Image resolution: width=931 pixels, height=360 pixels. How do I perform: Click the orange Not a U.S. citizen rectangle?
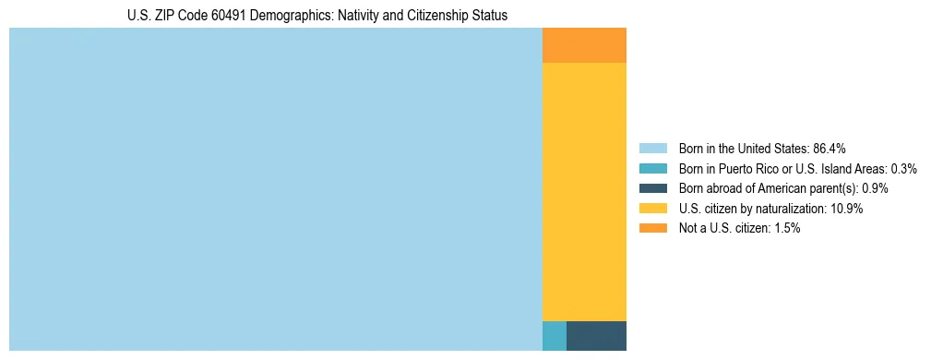point(584,45)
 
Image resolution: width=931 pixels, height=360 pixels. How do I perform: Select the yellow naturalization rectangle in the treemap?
point(584,191)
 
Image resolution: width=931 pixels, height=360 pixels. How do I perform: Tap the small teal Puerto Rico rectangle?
point(554,336)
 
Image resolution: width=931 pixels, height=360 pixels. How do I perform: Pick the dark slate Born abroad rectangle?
point(596,336)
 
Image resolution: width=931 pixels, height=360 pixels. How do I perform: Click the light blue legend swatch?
point(653,149)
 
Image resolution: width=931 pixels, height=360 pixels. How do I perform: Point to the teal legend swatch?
point(653,169)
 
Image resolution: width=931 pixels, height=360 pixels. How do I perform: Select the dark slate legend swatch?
point(653,188)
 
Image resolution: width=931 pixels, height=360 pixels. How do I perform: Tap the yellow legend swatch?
point(653,209)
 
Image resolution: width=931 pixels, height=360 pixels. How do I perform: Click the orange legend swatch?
point(653,228)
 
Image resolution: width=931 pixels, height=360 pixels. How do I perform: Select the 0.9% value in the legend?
point(875,188)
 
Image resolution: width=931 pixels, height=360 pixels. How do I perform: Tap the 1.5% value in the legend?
point(787,228)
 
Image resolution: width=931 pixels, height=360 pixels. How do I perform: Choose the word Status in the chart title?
point(489,16)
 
